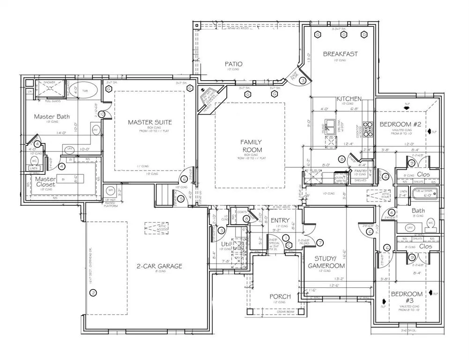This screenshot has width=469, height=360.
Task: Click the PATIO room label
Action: point(233,64)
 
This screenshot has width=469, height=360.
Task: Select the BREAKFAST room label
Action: point(340,54)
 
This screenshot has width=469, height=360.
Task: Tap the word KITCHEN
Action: point(349,98)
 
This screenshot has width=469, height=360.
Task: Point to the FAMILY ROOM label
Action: point(251,146)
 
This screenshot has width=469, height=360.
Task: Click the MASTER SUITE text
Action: point(150,122)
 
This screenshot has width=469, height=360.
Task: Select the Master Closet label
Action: point(46,181)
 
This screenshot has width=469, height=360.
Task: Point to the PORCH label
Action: point(280,296)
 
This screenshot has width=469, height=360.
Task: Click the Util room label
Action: point(227,244)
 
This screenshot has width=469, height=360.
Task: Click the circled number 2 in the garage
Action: point(93,293)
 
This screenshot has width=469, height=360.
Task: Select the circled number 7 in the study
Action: point(320,242)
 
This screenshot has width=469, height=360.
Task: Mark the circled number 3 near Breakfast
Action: point(303,81)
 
